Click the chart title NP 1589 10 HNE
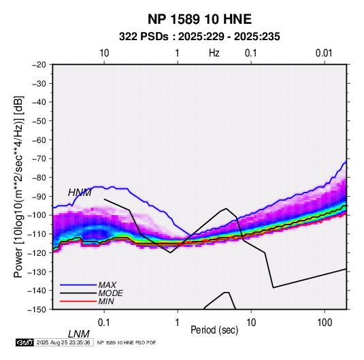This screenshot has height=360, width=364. coord(199,19)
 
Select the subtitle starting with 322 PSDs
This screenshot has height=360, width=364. coord(199,37)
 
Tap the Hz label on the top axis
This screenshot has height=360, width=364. coord(214,53)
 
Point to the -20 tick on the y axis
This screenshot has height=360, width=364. coord(39,65)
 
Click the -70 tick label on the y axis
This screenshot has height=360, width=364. coord(39,159)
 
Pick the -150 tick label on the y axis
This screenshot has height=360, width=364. coord(37,310)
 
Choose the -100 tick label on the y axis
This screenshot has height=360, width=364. coord(37,215)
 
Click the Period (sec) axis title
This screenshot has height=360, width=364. coord(214,330)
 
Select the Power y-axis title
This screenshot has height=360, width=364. coord(18,186)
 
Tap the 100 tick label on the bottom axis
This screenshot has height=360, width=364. coord(325,323)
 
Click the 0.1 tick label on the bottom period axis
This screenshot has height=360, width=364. coord(103,323)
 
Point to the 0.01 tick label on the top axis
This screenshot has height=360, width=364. coord(324,53)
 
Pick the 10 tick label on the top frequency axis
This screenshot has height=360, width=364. coord(104,53)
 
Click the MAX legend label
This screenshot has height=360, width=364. coord(107,284)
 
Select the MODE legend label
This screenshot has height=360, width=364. coord(110,293)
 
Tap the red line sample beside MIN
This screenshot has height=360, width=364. coord(78,301)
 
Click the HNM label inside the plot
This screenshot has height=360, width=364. coord(80,193)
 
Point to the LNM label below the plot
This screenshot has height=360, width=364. coord(78,334)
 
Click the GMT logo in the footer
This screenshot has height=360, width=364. coord(25,342)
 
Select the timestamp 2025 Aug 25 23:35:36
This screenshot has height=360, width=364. coord(63,342)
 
